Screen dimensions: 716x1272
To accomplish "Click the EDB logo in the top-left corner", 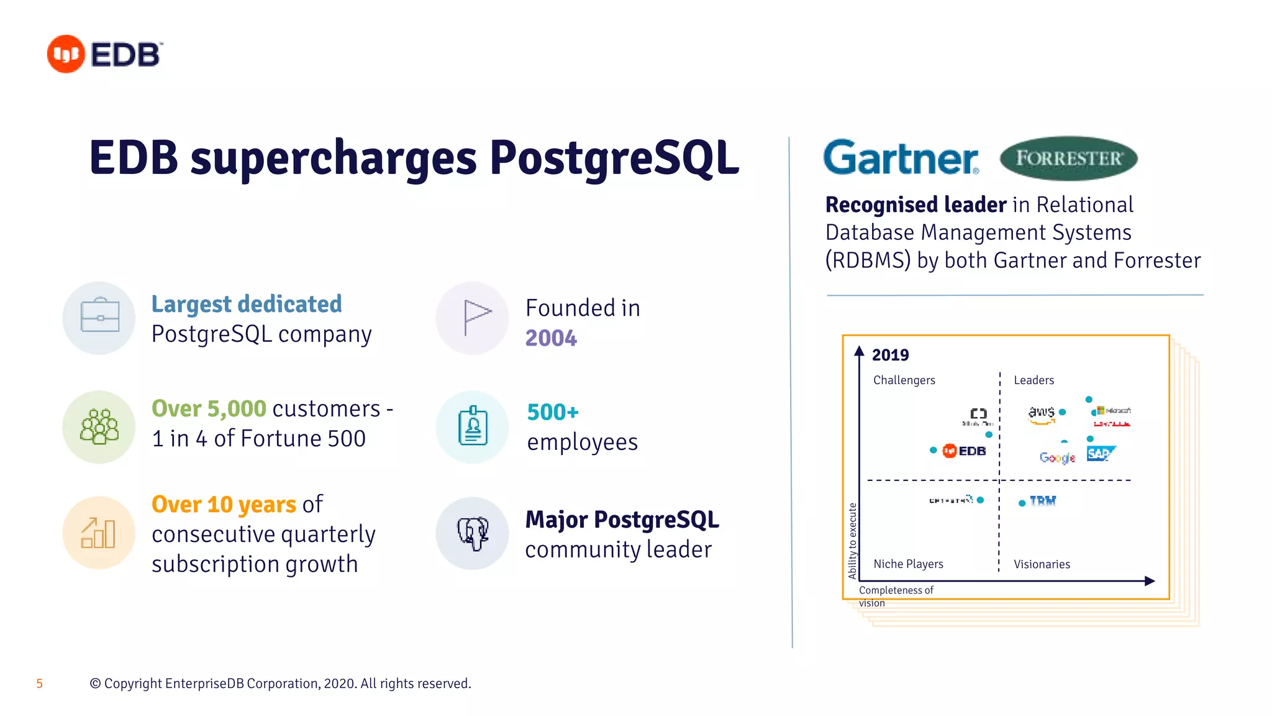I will coord(104,54).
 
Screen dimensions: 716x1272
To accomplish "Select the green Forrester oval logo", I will coord(1068,158).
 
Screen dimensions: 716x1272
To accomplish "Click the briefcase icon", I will coord(99,317).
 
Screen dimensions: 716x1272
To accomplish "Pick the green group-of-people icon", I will coord(99,426).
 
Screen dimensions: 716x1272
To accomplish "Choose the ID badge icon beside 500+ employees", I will coord(473,426).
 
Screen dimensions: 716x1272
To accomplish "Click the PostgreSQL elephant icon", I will coord(473,533).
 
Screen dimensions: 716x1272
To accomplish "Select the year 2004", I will coord(551,338).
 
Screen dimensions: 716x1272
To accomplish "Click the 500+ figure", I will coord(553,412).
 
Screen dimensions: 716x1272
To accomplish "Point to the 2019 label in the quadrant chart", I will coord(890,355).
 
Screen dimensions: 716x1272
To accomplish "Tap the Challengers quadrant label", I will coord(904,380).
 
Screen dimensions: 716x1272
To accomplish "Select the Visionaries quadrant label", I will coord(1042,564).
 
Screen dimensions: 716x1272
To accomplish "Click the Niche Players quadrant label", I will coord(908,564).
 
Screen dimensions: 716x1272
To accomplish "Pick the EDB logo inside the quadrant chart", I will coord(964,451).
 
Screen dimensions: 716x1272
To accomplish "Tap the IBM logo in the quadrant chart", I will coord(1043,501).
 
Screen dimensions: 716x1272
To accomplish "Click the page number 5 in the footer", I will coord(39,684).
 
